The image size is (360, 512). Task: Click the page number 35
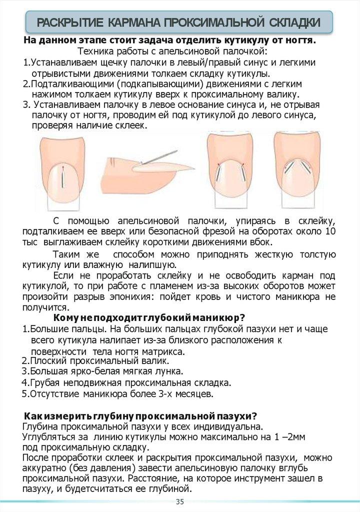point(180,502)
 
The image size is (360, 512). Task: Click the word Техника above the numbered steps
point(94,51)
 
